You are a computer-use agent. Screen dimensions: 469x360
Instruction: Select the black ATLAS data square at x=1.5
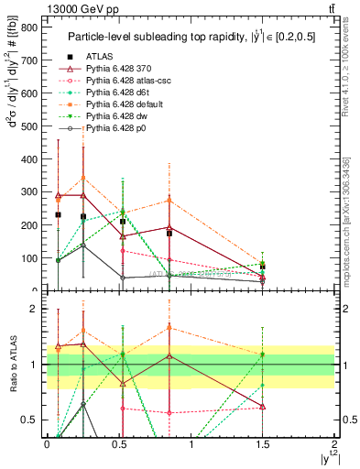263,267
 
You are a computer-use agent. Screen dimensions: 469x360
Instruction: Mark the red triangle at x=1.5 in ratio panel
263,406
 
